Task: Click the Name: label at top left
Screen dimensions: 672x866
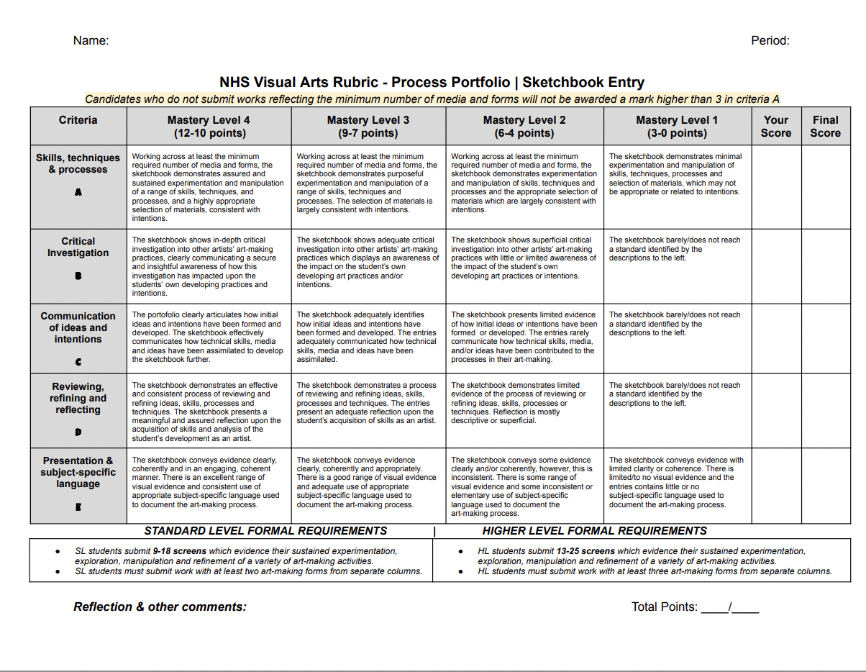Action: coord(91,41)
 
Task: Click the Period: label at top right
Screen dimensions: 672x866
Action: coord(770,41)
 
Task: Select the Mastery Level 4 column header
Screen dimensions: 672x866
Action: coord(209,127)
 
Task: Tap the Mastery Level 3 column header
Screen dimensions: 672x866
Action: coord(368,127)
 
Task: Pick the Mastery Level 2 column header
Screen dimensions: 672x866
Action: coord(524,127)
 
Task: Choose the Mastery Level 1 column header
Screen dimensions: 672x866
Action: coord(677,127)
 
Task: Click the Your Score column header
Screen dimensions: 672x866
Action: coord(775,127)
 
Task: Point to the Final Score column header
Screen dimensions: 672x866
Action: coord(825,127)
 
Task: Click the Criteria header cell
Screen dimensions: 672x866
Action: coord(78,120)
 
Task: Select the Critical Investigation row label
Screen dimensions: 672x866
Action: coord(78,247)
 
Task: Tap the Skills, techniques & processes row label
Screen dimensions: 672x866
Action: coord(78,164)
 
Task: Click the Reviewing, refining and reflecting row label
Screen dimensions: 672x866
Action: coord(78,398)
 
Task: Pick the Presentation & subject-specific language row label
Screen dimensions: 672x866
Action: coord(78,472)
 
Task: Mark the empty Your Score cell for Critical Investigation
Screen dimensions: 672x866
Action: coord(776,266)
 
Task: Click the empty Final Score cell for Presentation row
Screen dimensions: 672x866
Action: coord(826,486)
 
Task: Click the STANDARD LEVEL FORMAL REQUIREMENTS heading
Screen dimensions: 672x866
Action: coord(265,531)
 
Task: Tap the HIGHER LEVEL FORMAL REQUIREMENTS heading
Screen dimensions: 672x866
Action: coord(594,531)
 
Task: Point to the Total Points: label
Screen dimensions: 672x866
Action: coord(664,607)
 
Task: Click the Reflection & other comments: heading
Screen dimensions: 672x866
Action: coord(160,607)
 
